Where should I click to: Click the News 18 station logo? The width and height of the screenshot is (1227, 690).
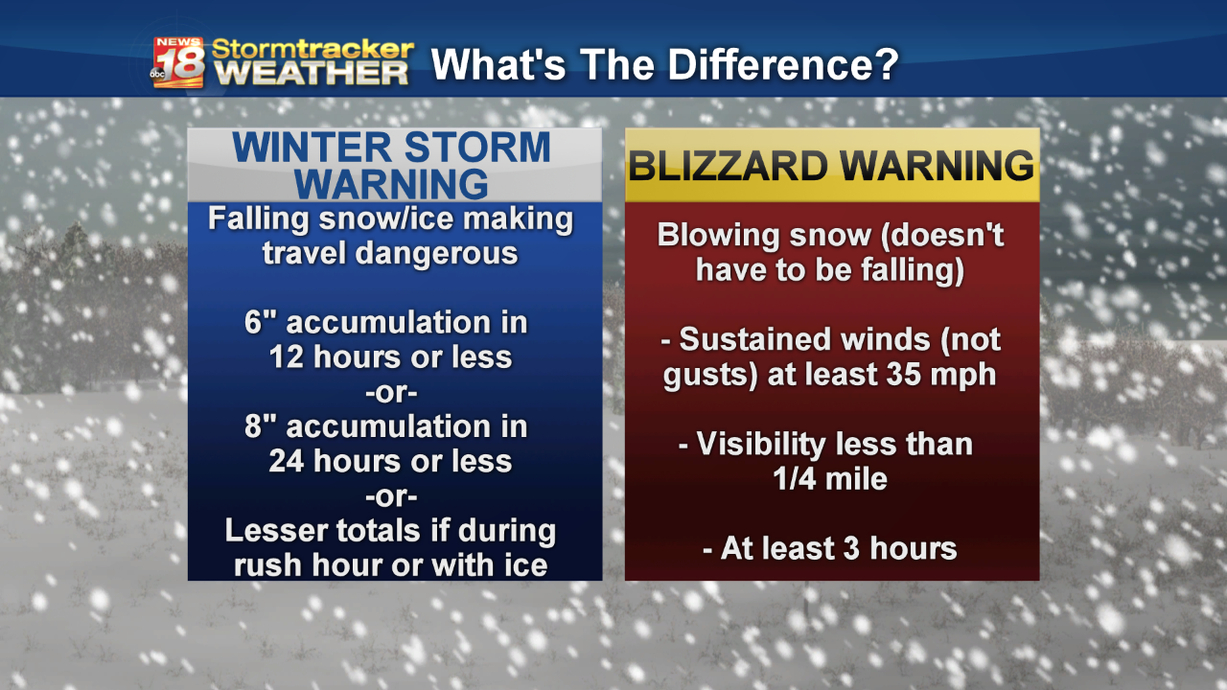[177, 62]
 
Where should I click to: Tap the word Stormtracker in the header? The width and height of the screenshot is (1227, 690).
[313, 49]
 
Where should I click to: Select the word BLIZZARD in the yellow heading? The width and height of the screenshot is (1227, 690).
[728, 166]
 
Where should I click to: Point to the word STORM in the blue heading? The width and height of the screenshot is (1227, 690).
[477, 148]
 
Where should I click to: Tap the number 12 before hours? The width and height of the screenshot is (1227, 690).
[286, 357]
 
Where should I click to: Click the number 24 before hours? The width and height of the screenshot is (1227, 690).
[286, 461]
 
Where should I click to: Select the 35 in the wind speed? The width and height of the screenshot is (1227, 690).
[904, 375]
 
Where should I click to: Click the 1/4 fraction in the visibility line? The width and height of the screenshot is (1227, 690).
[795, 479]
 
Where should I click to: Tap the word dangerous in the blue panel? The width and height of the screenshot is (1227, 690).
[436, 254]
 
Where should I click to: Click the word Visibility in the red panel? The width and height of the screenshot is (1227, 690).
[760, 444]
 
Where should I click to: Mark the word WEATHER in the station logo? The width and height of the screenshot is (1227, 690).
[312, 74]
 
